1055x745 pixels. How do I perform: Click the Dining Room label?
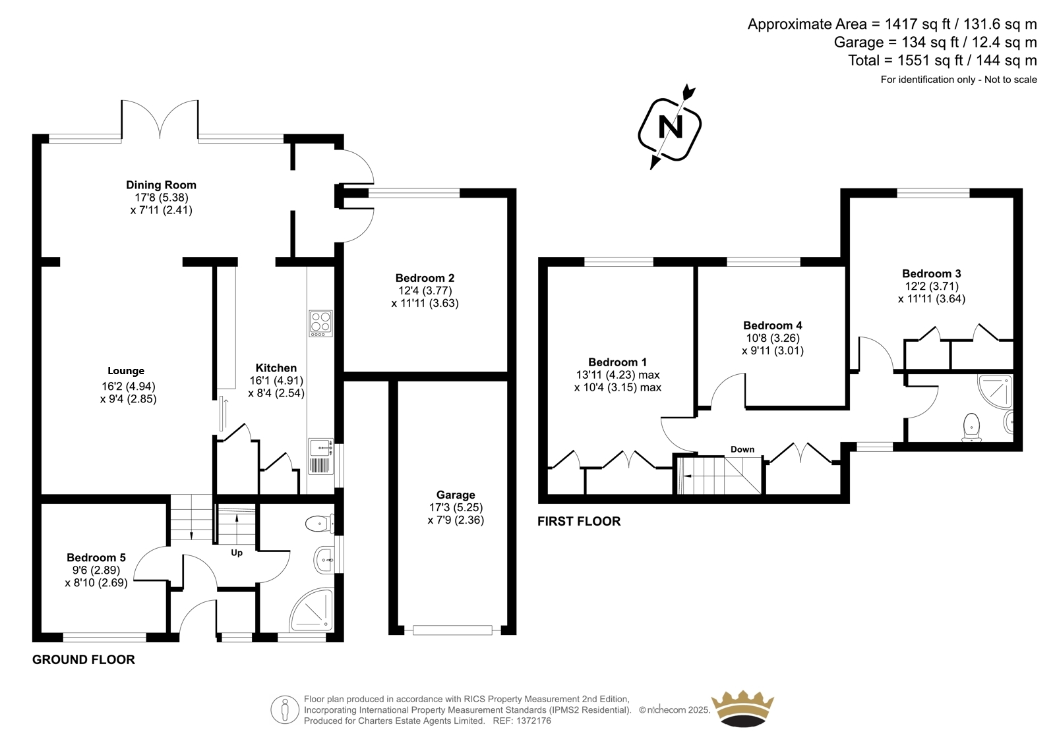(x=161, y=185)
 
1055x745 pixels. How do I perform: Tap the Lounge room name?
(x=126, y=371)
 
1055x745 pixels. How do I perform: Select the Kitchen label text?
(x=276, y=368)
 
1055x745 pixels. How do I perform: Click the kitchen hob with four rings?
(x=320, y=323)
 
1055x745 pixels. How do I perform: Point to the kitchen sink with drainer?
(x=321, y=456)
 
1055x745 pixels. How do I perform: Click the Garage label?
(x=456, y=495)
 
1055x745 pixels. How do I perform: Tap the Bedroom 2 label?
(x=425, y=278)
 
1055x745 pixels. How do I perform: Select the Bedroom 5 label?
(x=96, y=558)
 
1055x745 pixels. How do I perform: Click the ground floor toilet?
(x=320, y=523)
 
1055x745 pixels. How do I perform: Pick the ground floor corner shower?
(x=312, y=609)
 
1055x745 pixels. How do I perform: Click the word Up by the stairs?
(x=237, y=553)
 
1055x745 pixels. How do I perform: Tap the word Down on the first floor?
(x=742, y=449)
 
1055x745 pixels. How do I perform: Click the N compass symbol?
(x=670, y=126)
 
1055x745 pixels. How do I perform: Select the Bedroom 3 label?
(x=931, y=273)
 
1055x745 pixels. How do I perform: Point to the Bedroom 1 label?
(x=617, y=362)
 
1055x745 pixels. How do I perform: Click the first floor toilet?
(x=971, y=428)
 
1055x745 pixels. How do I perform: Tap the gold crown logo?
(x=742, y=708)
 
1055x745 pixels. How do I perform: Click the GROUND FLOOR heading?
(x=83, y=659)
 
